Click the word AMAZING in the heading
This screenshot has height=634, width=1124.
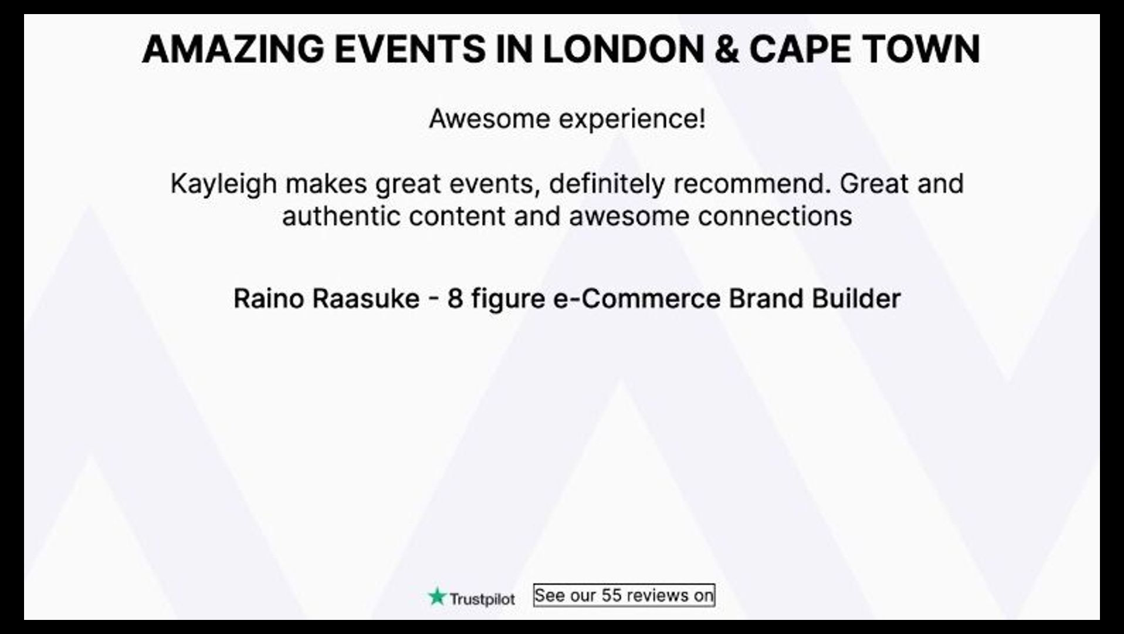tap(232, 49)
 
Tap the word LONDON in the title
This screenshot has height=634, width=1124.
tap(623, 49)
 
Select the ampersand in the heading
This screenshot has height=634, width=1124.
tap(727, 49)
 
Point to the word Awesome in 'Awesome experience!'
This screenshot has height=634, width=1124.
tap(489, 119)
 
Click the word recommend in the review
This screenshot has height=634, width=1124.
tap(752, 183)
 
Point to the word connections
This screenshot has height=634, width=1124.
tap(775, 216)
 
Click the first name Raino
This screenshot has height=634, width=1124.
tap(268, 298)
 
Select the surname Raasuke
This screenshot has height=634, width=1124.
tap(366, 298)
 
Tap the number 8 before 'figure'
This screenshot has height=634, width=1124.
tap(455, 298)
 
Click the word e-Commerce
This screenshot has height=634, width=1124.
tap(637, 298)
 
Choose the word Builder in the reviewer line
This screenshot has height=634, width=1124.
tap(856, 298)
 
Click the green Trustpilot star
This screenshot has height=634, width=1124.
tap(437, 597)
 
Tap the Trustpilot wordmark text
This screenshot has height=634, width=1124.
tap(482, 599)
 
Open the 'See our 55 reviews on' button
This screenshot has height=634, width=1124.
tap(624, 595)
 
